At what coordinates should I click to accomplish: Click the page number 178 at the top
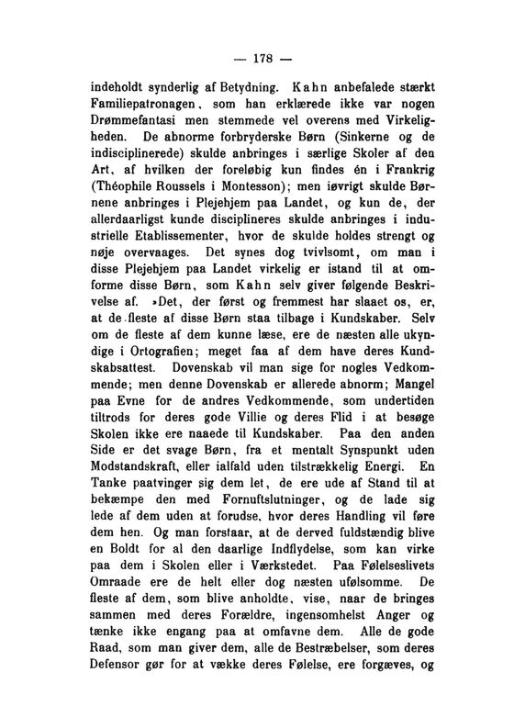(256, 61)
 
